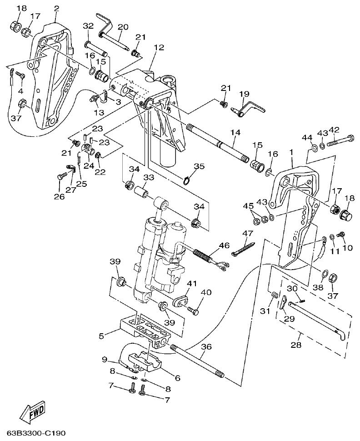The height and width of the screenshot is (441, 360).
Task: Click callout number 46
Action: [224, 246]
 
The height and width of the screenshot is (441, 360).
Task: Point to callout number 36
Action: [206, 346]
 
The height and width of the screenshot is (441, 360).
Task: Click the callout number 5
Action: [101, 336]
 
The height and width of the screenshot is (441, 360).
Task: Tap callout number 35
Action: [198, 166]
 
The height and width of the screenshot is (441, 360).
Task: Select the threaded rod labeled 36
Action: [198, 362]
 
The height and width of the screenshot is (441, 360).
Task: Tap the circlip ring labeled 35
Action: [187, 181]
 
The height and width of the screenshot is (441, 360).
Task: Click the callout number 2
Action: [56, 8]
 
